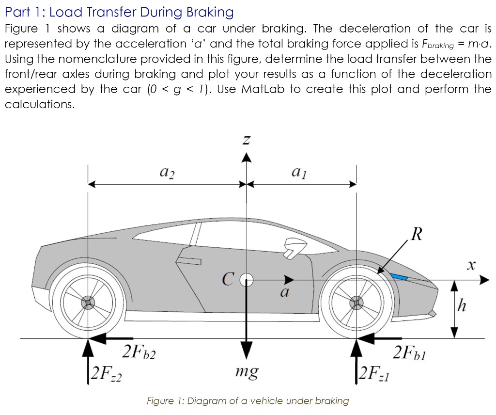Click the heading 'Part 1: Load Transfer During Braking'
click(119, 12)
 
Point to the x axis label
click(469, 265)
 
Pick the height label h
click(463, 306)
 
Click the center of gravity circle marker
click(247, 280)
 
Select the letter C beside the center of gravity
click(229, 279)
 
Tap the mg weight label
click(247, 372)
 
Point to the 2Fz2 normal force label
click(107, 373)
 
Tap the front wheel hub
click(357, 303)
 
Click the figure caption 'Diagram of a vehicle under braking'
click(248, 401)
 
